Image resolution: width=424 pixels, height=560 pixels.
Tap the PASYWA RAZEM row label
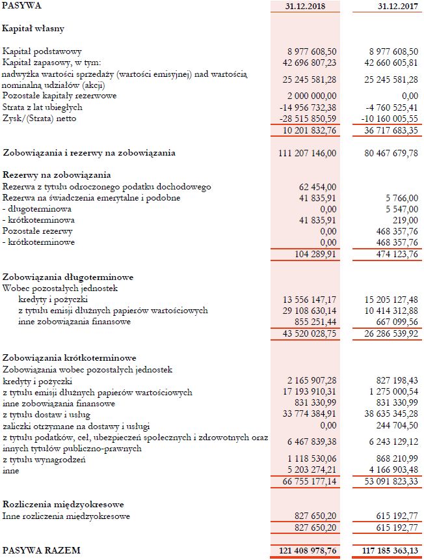click(x=42, y=550)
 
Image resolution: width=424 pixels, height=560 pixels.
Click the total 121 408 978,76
click(x=306, y=551)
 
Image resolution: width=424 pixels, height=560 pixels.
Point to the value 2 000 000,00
click(x=311, y=96)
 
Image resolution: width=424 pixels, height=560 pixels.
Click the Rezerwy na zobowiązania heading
click(x=57, y=175)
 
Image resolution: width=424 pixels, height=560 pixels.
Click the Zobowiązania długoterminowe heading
click(x=68, y=276)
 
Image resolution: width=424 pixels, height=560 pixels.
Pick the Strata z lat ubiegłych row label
click(x=42, y=107)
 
